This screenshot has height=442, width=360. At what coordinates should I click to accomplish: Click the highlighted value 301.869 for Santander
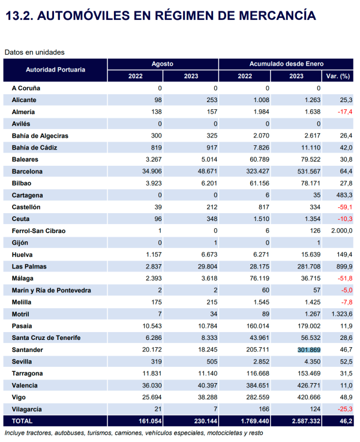[x=309, y=350]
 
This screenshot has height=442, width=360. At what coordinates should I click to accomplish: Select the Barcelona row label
[x=27, y=171]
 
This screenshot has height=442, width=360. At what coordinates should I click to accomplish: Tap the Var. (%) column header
[x=338, y=76]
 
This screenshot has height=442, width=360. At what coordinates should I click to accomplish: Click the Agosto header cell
[x=163, y=64]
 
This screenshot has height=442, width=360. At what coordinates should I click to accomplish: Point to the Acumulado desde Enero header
[x=286, y=64]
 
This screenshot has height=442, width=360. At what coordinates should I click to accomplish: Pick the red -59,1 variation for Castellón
[x=345, y=207]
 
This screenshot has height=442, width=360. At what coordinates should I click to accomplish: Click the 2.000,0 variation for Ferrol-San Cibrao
[x=341, y=231]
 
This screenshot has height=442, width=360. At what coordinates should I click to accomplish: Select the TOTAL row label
[x=22, y=421]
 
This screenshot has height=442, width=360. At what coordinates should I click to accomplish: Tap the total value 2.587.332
[x=306, y=421]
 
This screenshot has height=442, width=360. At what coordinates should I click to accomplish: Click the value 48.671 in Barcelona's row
[x=208, y=171]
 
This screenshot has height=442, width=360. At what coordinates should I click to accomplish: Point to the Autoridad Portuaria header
[x=55, y=70]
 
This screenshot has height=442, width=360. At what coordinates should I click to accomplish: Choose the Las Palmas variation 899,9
[x=344, y=267]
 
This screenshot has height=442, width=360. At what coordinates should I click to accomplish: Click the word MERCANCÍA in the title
[x=277, y=15]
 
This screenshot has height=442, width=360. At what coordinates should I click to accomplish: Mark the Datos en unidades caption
[x=34, y=52]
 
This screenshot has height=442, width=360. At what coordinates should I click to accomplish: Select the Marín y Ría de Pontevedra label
[x=51, y=290]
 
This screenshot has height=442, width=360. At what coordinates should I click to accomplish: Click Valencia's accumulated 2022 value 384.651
[x=258, y=386]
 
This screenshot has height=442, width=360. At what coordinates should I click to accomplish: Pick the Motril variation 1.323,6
[x=341, y=314]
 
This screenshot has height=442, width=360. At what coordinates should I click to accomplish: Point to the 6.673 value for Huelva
[x=209, y=255]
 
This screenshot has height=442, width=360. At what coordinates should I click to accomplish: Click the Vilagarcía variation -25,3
[x=345, y=410]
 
